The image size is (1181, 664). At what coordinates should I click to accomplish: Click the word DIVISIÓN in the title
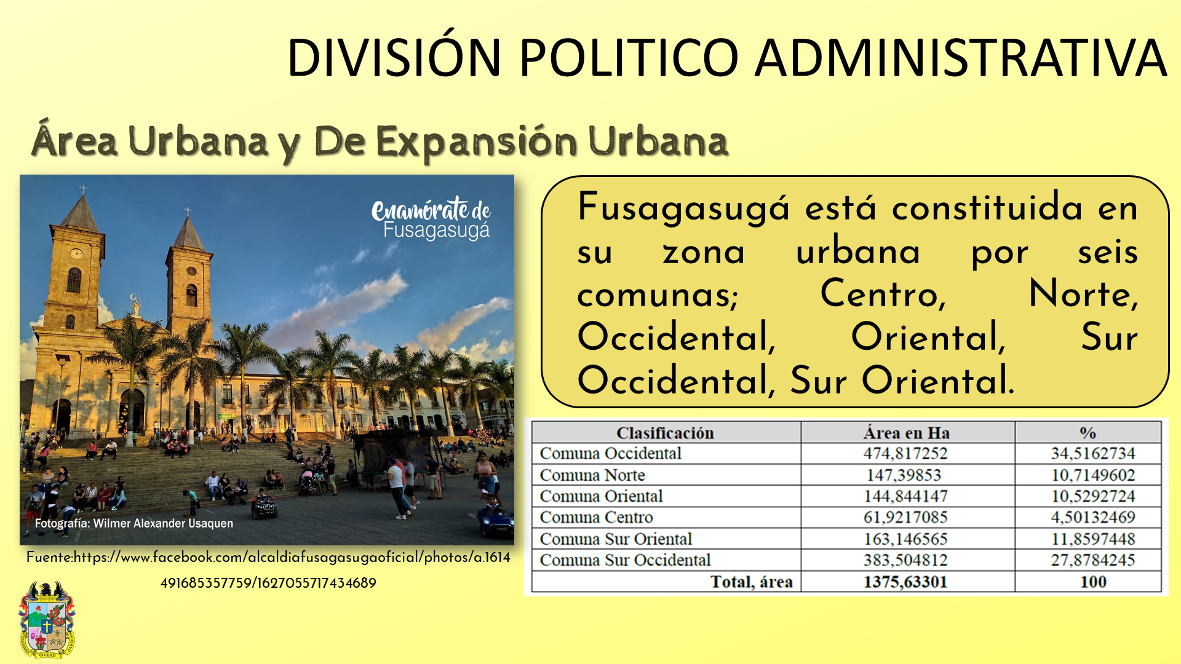click(394, 57)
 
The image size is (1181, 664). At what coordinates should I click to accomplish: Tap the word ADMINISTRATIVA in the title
click(961, 57)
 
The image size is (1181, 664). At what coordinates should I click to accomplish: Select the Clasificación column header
click(665, 433)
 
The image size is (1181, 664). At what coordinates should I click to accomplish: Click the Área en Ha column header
click(906, 433)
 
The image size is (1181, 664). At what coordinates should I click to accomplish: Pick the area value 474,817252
click(905, 454)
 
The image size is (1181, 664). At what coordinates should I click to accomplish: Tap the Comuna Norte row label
click(592, 475)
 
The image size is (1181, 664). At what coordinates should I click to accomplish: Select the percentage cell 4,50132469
click(1093, 517)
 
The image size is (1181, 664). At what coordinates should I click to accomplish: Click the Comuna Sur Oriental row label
click(616, 539)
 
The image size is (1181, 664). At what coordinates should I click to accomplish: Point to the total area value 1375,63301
click(905, 582)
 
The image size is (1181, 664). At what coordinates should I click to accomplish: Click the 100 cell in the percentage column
click(1093, 582)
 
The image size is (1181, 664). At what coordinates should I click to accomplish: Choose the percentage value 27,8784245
click(1093, 560)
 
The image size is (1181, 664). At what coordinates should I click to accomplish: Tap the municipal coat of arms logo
click(47, 620)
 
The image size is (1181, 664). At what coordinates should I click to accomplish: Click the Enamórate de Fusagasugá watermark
click(431, 219)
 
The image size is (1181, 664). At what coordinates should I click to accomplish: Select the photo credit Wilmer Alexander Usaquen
click(134, 523)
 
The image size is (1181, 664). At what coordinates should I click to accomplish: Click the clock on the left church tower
click(76, 253)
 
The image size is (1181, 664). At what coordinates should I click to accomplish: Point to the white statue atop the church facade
click(135, 305)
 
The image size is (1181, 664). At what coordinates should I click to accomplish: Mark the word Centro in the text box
click(883, 294)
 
